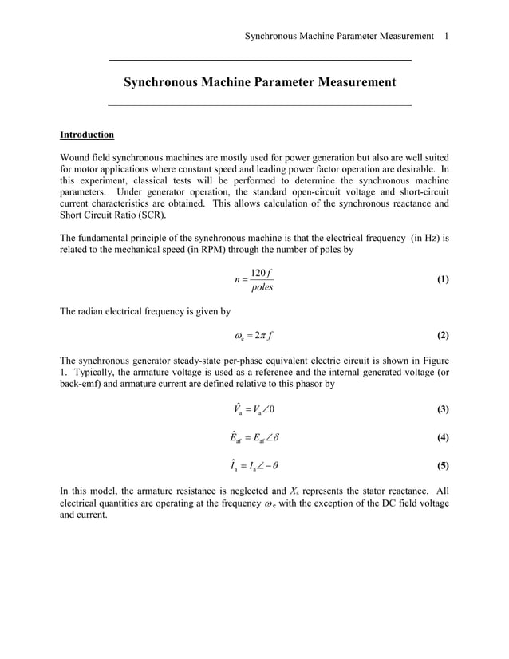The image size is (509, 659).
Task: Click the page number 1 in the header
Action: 447,36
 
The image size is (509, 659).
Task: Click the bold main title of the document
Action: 259,82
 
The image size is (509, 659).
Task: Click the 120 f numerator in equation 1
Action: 261,274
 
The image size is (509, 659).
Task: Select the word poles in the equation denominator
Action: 261,288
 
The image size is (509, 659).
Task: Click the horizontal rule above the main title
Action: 259,61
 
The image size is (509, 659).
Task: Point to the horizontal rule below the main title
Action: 259,105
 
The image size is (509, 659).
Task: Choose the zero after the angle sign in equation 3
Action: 273,410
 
